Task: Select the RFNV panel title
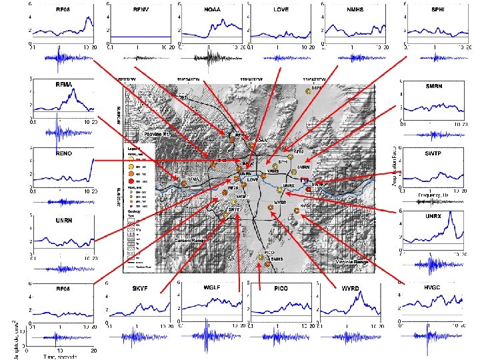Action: (x=141, y=11)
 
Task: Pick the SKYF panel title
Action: (x=140, y=288)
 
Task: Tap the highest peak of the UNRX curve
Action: (x=452, y=213)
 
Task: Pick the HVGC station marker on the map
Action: (x=297, y=213)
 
